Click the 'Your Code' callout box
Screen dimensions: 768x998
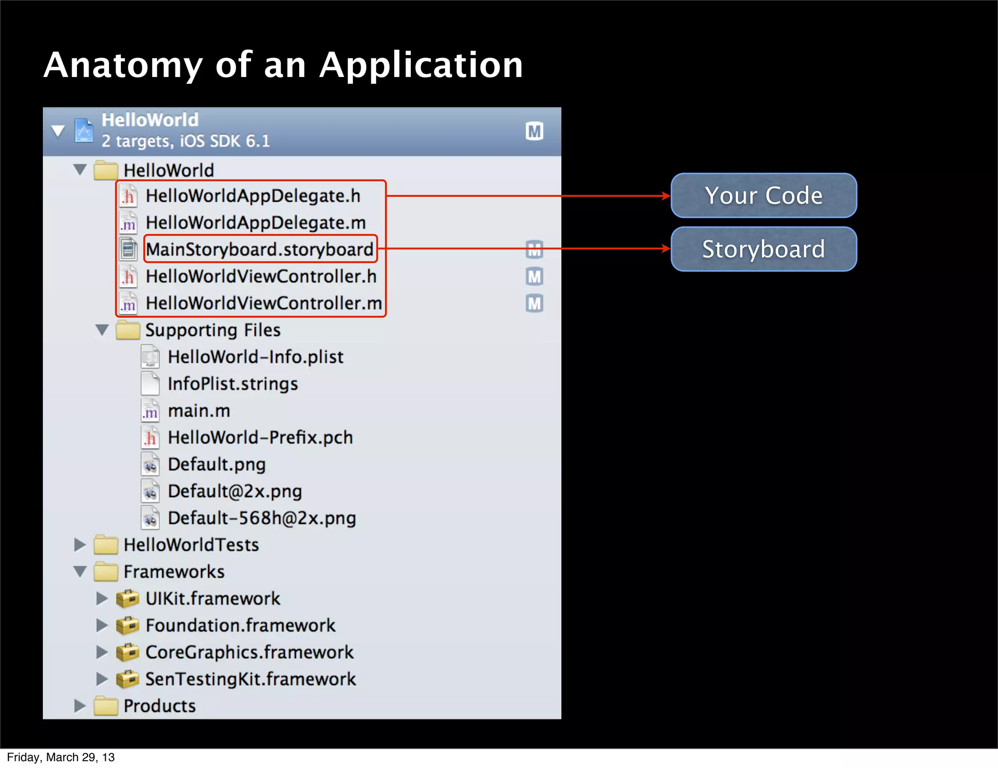pos(764,195)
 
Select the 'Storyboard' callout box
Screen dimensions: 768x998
pos(764,249)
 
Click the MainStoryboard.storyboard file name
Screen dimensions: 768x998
pos(260,250)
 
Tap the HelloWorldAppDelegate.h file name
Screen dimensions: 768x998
pos(253,196)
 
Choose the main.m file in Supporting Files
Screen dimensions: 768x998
pos(199,411)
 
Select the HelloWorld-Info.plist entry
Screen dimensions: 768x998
pos(255,357)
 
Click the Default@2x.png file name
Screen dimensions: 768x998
pos(234,491)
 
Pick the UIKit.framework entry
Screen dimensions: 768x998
pos(213,598)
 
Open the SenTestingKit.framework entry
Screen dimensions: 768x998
pos(250,679)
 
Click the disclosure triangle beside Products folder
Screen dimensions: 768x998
pos(79,706)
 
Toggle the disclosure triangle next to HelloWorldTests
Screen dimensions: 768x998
pos(79,545)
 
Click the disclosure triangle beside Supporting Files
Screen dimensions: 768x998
pos(102,330)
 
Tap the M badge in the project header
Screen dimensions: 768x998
pos(535,131)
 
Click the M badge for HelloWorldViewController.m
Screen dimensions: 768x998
pos(535,304)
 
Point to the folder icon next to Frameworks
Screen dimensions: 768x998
pos(106,572)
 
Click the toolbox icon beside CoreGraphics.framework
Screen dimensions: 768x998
pos(128,652)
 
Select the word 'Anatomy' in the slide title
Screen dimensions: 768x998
pos(123,65)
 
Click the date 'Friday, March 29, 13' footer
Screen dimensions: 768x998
pos(61,757)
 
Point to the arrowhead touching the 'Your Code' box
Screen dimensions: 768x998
pos(666,196)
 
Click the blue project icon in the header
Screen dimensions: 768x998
pos(84,131)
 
